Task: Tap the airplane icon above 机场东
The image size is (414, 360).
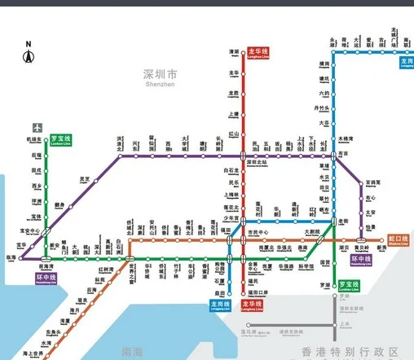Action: click(x=37, y=128)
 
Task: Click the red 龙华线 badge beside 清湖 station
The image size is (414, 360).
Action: click(x=258, y=52)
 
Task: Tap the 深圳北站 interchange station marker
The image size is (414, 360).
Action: click(x=243, y=156)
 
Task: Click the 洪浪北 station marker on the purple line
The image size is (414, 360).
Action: click(x=120, y=156)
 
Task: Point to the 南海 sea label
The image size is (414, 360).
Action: click(x=130, y=352)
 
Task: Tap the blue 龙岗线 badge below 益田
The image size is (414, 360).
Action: click(x=220, y=306)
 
